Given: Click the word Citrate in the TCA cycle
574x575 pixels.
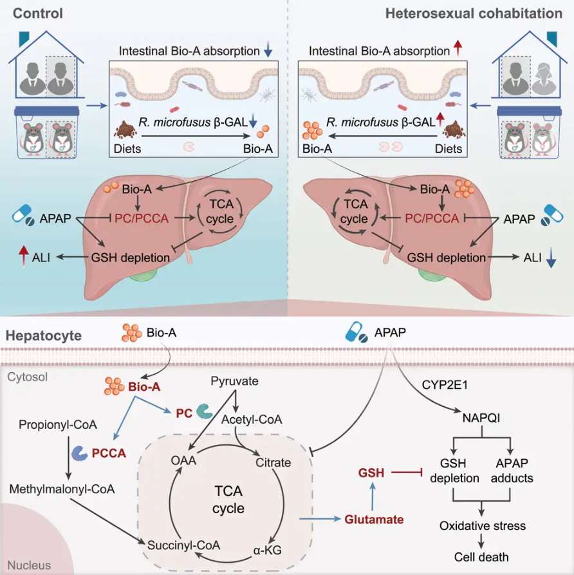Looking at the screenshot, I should pos(273,462).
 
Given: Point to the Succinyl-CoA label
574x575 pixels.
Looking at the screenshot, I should pos(183,545).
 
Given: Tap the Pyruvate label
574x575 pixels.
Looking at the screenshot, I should pos(234,382).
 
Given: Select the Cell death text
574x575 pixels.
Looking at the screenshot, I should pos(481,557).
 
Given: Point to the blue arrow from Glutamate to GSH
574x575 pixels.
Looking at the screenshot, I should pos(371,496).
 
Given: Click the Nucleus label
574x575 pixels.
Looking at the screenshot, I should pos(29,565).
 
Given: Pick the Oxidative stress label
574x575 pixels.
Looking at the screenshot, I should pos(482,526).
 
